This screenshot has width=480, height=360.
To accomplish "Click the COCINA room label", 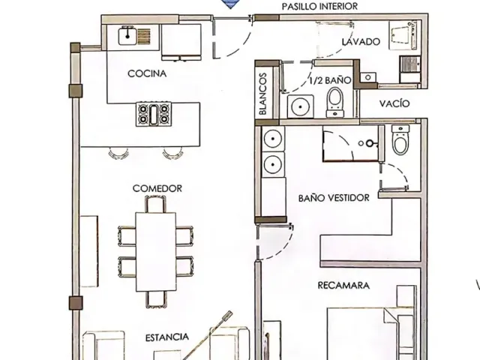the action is tap(147, 73).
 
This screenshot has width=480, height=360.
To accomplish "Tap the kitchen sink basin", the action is tap(127, 35).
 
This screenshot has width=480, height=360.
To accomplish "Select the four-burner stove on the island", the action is tap(154, 114).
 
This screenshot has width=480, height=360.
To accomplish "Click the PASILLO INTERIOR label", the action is tap(319, 7).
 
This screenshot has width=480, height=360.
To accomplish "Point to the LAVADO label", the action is tap(361, 42).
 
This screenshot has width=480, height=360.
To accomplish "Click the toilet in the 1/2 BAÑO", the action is tap(335, 102).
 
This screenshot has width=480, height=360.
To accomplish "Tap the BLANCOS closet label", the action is tap(263, 94).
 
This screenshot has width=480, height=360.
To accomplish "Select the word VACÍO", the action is tap(394, 103).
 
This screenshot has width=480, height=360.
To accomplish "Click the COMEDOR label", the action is tap(157, 188).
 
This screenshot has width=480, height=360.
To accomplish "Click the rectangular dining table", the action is tap(156, 252).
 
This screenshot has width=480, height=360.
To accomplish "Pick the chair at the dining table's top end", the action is tap(155, 204).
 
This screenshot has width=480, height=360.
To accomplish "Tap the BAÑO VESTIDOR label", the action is tap(334, 198).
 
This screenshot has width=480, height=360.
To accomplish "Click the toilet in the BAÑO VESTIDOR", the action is tap(400, 139).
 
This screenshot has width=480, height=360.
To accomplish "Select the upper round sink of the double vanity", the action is tap(273, 139).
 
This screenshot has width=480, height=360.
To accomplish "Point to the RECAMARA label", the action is tap(343, 285).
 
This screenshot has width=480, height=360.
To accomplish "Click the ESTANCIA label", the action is tap(166, 337).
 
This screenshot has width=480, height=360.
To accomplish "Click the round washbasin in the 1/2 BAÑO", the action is tap(300, 106).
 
